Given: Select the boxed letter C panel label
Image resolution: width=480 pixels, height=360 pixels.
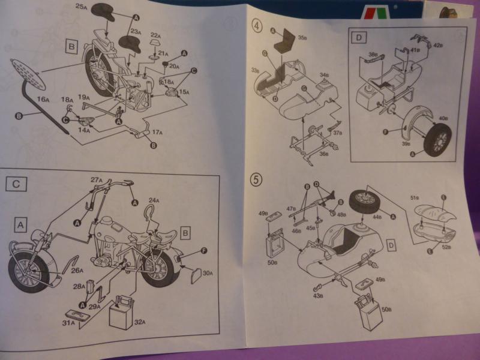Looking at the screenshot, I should [x=16, y=184].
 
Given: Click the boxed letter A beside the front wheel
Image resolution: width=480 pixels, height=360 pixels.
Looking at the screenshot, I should [x=21, y=224].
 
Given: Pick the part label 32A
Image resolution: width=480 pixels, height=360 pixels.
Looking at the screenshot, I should [x=139, y=322].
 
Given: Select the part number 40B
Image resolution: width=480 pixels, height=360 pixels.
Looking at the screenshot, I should [x=444, y=119].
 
